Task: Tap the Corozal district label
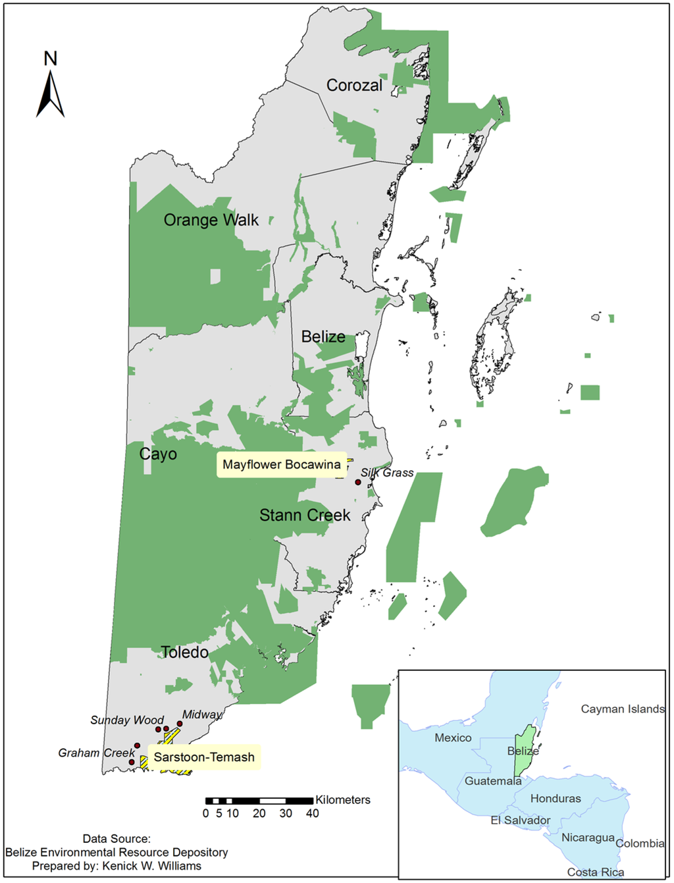pos(354,86)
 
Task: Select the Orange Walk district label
pos(211,220)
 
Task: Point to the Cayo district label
pos(158,454)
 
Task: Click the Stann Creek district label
pos(305,515)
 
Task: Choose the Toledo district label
pos(185,653)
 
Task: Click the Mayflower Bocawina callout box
pos(282,465)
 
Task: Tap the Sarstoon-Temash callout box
pos(204,757)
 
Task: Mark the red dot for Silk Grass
pos(358,483)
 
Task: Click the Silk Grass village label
pos(387,473)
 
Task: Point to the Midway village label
pos(202,714)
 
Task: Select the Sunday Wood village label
pos(127,720)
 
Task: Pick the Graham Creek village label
pos(96,753)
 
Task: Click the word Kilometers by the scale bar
pos(343,800)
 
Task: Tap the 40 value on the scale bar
pos(313,814)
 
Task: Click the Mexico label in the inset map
pos(453,738)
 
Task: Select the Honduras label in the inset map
pos(556,799)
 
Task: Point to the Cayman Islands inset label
pos(623,709)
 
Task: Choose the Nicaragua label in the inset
pos(588,838)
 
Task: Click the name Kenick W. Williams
pos(152,866)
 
